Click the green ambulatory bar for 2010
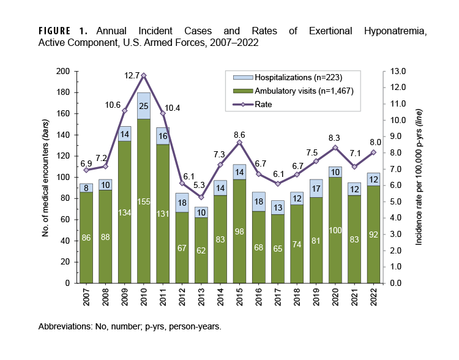tap(144, 202)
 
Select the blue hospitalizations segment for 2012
tap(182, 203)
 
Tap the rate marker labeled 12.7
tap(144, 75)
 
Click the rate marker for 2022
tap(373, 152)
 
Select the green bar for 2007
tap(86, 238)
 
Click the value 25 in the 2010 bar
tap(144, 107)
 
